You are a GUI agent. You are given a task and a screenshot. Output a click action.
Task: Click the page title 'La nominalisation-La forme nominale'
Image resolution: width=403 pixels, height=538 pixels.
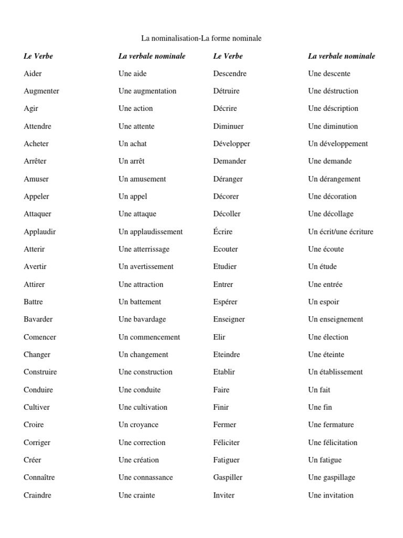[201, 38]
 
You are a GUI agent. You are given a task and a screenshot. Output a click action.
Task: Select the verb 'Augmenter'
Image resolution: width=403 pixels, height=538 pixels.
[41, 91]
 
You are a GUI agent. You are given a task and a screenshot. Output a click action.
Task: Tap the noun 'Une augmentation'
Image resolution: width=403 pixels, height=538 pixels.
[147, 91]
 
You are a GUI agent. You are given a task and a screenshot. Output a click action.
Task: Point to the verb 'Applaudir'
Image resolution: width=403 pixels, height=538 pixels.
[40, 231]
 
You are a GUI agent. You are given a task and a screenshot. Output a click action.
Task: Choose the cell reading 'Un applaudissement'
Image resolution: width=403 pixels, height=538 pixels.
[151, 231]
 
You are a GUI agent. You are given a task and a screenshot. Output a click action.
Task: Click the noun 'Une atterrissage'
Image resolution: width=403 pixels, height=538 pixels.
[144, 249]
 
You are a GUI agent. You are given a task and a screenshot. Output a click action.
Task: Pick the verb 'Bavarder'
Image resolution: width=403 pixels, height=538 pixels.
[38, 319]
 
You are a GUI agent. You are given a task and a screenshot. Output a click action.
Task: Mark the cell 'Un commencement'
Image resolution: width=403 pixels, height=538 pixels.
[149, 337]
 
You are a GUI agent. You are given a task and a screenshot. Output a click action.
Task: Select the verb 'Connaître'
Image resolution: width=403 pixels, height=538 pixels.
[39, 477]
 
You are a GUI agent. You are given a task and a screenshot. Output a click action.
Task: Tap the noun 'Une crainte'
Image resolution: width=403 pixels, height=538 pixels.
[137, 495]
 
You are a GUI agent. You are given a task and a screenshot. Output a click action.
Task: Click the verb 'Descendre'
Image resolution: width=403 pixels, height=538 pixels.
[230, 74]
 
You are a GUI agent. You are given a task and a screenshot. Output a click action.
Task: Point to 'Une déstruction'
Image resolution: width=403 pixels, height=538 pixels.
[333, 91]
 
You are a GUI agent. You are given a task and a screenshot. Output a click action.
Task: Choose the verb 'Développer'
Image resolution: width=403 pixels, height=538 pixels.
[232, 143]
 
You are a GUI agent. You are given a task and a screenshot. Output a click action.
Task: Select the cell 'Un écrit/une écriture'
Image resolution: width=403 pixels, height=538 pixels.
[341, 231]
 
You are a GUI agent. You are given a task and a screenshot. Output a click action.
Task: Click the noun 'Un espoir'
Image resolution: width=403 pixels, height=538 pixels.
[324, 302]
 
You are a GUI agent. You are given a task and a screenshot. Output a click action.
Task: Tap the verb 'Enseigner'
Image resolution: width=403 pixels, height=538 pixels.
[229, 319]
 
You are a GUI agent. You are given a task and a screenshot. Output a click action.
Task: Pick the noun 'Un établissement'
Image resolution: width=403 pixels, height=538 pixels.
[335, 371]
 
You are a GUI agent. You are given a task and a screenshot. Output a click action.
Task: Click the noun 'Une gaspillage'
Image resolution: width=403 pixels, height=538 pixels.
[332, 477]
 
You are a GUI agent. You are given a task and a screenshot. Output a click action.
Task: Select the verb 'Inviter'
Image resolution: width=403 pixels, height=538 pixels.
[224, 495]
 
